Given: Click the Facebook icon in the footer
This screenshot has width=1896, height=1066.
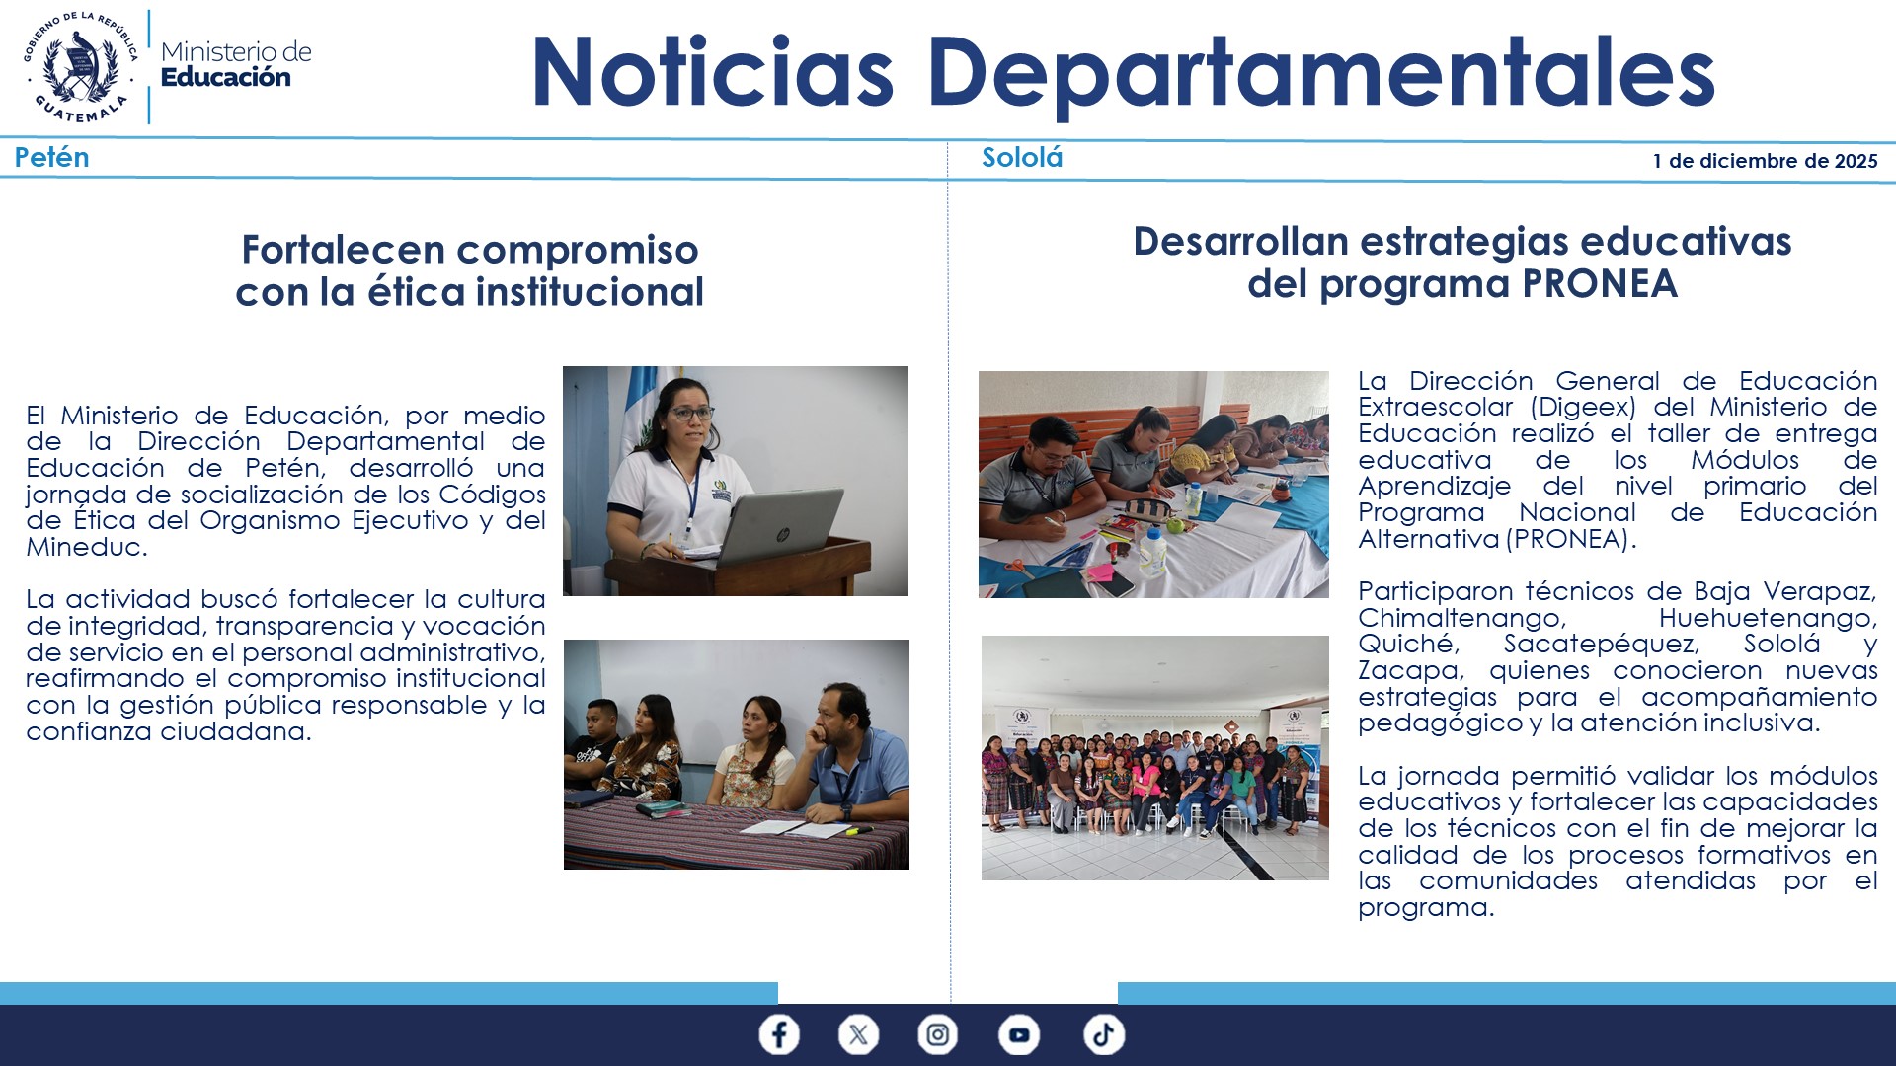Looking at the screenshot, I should coord(779,1034).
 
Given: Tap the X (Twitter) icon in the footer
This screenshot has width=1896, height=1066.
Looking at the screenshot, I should coord(858,1034).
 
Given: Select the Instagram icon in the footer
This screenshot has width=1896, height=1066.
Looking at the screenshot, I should coord(937,1034).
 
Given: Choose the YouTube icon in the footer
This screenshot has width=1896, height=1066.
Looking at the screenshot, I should coord(1018,1034).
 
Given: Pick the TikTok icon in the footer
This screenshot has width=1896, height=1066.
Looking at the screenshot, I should coord(1103,1034).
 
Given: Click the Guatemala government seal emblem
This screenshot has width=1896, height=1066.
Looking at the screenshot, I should coord(81,67).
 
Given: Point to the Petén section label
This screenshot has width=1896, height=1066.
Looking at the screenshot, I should coord(51,158).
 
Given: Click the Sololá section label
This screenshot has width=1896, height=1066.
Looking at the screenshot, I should coord(1021,158).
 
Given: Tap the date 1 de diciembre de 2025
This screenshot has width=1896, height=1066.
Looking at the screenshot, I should coord(1765,161).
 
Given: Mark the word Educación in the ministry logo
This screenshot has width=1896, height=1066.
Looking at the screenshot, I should coord(225,78).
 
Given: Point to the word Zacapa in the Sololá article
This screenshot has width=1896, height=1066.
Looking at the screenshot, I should coord(1408,671).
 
